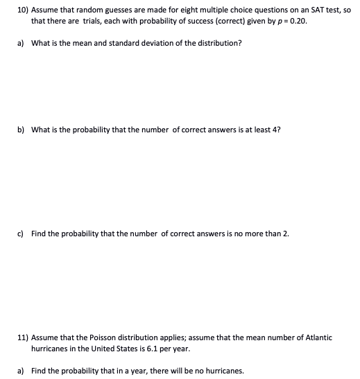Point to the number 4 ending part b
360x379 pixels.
point(278,129)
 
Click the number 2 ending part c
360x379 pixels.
point(286,233)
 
